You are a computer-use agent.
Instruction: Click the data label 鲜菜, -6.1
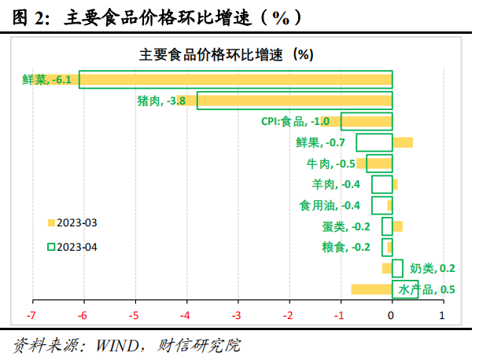pos(47,79)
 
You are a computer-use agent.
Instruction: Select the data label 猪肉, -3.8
pos(161,101)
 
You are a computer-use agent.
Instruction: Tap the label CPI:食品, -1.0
pos(295,121)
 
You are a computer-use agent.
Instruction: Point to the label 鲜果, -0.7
pos(320,142)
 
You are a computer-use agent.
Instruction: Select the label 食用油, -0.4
pos(330,206)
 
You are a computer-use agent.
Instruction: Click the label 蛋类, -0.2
pos(346,226)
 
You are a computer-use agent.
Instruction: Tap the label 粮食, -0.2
pos(346,248)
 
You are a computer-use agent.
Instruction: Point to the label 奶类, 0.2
pos(428,269)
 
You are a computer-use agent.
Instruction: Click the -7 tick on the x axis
pos(32,315)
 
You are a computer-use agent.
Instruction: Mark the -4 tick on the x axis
pos(186,315)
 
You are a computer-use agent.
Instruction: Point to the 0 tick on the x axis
pos(392,315)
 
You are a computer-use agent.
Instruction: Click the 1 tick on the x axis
pos(442,315)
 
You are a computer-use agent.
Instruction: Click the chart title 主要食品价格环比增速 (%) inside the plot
pos(227,55)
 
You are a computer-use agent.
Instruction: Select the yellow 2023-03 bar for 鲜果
pos(403,142)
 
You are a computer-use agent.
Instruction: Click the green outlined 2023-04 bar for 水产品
pos(405,289)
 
